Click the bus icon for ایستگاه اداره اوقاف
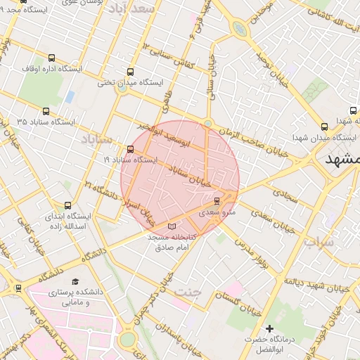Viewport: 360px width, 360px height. coord(52,58)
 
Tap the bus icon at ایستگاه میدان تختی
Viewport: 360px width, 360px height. coord(130,72)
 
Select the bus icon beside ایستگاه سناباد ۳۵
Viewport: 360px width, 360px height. coord(46,111)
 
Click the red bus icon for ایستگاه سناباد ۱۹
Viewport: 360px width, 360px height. coord(131,149)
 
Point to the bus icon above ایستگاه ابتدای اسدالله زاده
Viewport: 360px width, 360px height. coord(67,205)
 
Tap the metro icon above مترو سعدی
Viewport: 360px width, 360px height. coord(216,200)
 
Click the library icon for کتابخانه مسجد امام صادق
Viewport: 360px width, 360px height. coord(173,227)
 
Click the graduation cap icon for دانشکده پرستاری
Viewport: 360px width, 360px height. coord(75,281)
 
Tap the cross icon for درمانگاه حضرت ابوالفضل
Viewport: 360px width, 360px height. coord(269,328)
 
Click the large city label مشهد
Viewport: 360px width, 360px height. coord(344,159)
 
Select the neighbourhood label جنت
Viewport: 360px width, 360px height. coord(189,290)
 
